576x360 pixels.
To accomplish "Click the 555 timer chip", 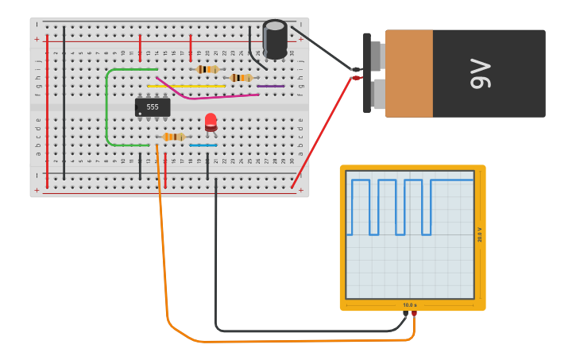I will (153, 106).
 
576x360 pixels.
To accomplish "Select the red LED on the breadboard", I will (211, 122).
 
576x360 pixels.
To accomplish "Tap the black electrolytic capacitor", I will (275, 39).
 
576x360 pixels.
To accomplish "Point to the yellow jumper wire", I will (199, 86).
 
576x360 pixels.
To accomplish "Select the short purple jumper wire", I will (270, 86).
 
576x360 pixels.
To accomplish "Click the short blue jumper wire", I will (203, 145).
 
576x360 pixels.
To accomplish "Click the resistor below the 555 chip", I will (173, 137).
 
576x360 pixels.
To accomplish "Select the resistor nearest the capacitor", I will (241, 77).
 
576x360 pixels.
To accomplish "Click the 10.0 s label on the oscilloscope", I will (409, 305).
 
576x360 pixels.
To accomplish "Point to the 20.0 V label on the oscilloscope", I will (479, 234).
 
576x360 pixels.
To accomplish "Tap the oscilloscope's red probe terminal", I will (414, 314).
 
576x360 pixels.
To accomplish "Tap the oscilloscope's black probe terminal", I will (405, 314).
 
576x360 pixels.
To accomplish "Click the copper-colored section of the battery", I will (409, 73).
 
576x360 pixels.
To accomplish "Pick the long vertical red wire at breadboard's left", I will (47, 111).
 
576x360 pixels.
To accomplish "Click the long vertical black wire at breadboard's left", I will (64, 103).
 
